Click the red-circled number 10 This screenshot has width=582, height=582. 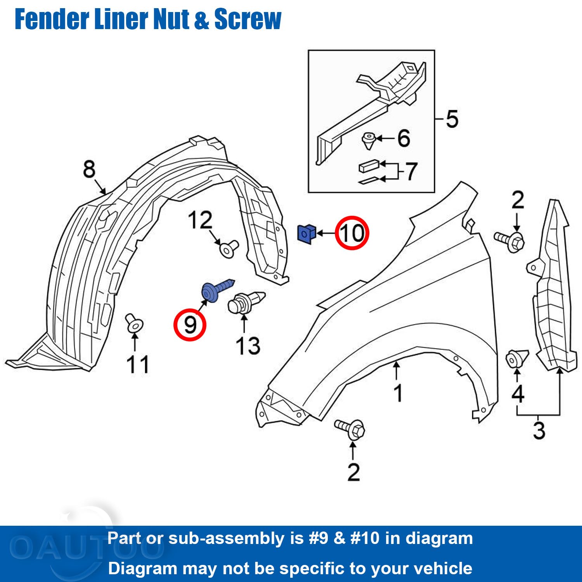coord(352,233)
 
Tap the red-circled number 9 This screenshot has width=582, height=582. coord(190,324)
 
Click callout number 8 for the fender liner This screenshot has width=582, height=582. coord(89,169)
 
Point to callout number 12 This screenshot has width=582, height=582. coord(200,220)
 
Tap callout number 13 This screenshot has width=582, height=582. coord(248,346)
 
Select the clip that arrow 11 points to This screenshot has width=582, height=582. coord(134,324)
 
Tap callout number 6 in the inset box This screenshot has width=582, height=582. coord(404,138)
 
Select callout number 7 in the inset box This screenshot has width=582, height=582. coord(411,171)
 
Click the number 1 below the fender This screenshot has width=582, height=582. coord(398,393)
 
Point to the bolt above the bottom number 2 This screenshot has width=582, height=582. coord(350,429)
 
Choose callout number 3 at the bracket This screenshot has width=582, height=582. coord(539,430)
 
